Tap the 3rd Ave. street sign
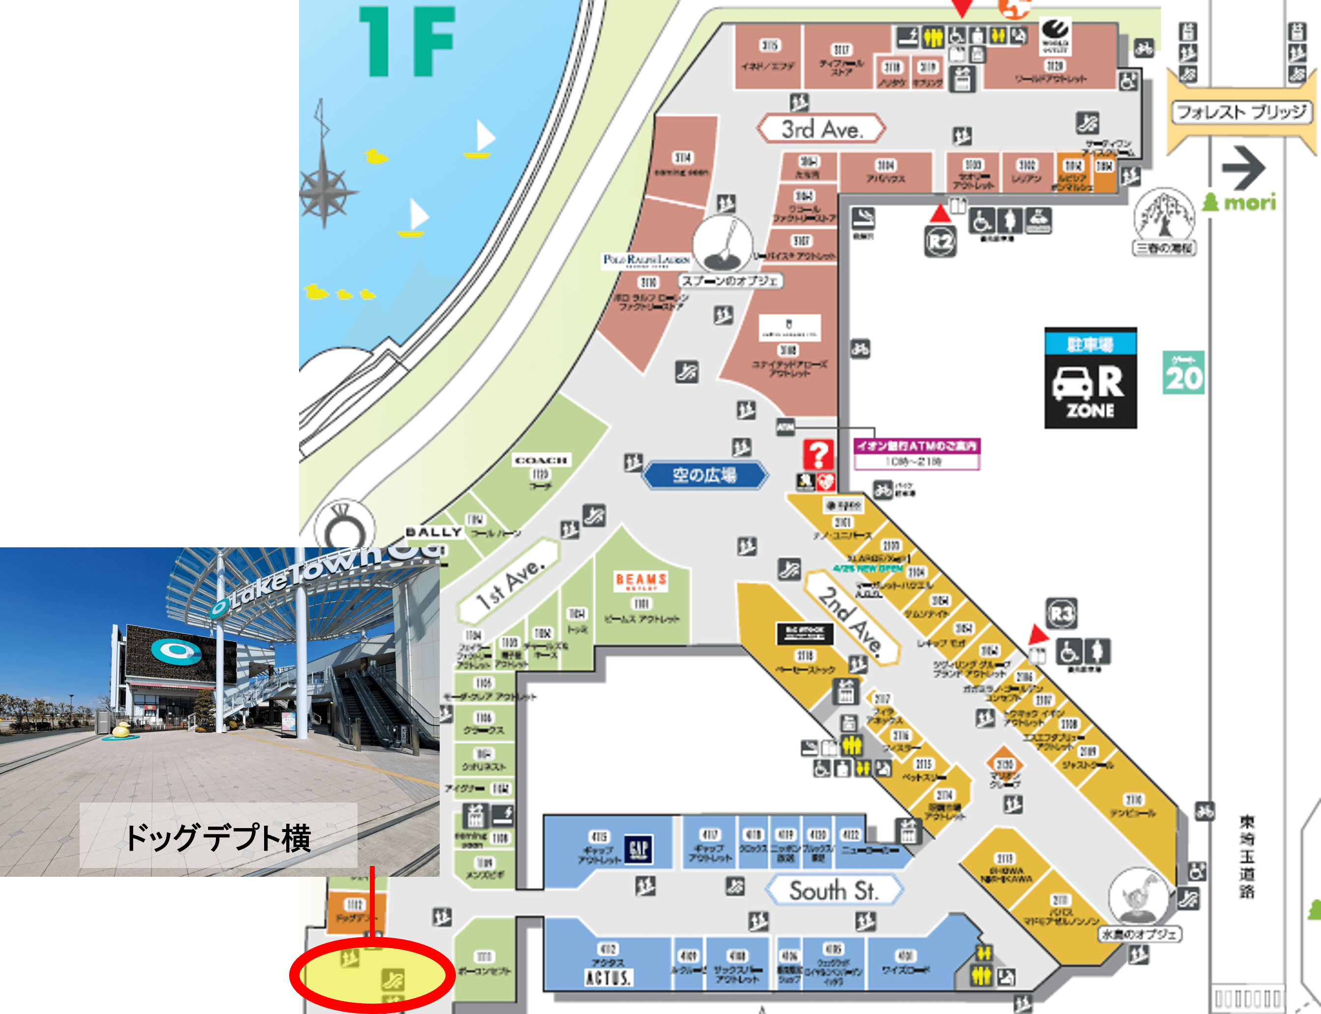point(821,128)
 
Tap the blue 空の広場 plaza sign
point(704,475)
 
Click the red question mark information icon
point(818,454)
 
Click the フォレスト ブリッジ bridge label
point(1241,112)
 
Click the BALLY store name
point(433,532)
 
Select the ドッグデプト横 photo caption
point(218,837)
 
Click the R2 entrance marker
point(940,241)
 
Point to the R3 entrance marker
point(1061,614)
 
